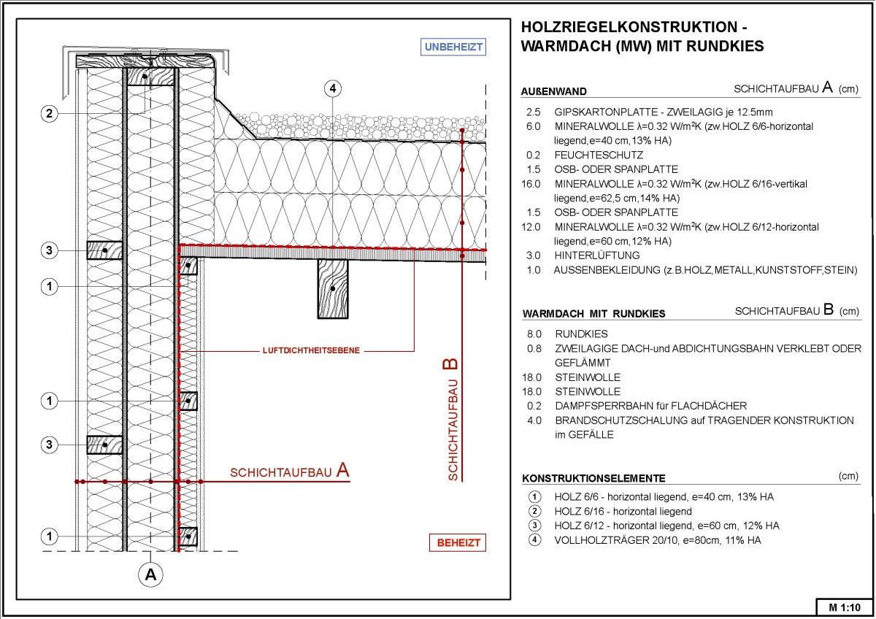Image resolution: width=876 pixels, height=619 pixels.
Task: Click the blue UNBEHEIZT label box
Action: (x=454, y=47)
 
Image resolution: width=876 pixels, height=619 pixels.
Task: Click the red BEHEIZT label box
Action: (x=458, y=543)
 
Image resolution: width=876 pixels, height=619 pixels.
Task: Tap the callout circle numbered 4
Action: (x=333, y=88)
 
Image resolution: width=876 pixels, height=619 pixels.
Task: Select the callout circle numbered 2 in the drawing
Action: (x=49, y=114)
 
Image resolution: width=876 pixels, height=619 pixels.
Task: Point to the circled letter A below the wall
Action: (x=151, y=574)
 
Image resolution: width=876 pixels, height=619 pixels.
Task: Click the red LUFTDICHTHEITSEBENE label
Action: (x=310, y=351)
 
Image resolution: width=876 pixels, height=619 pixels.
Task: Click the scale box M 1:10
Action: (x=845, y=607)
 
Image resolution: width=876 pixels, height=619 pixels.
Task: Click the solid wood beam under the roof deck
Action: (x=333, y=288)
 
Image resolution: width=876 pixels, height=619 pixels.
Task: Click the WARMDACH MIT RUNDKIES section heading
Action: (x=593, y=314)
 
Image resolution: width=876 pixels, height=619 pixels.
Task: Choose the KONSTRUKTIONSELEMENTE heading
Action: (x=593, y=479)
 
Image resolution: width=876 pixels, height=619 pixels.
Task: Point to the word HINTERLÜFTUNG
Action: (x=596, y=255)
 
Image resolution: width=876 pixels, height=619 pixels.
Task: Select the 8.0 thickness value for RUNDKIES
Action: (x=534, y=334)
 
